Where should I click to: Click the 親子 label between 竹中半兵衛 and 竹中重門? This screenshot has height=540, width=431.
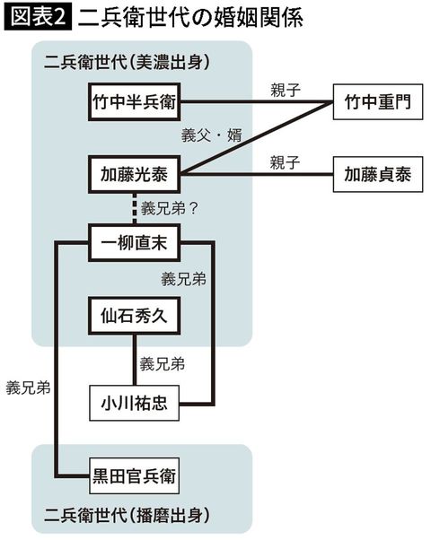tap(286, 90)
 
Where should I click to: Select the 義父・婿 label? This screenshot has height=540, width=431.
tap(207, 135)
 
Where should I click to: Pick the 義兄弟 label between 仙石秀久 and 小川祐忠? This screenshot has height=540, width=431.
tap(163, 364)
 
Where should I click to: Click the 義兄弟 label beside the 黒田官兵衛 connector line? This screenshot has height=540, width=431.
tap(28, 388)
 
